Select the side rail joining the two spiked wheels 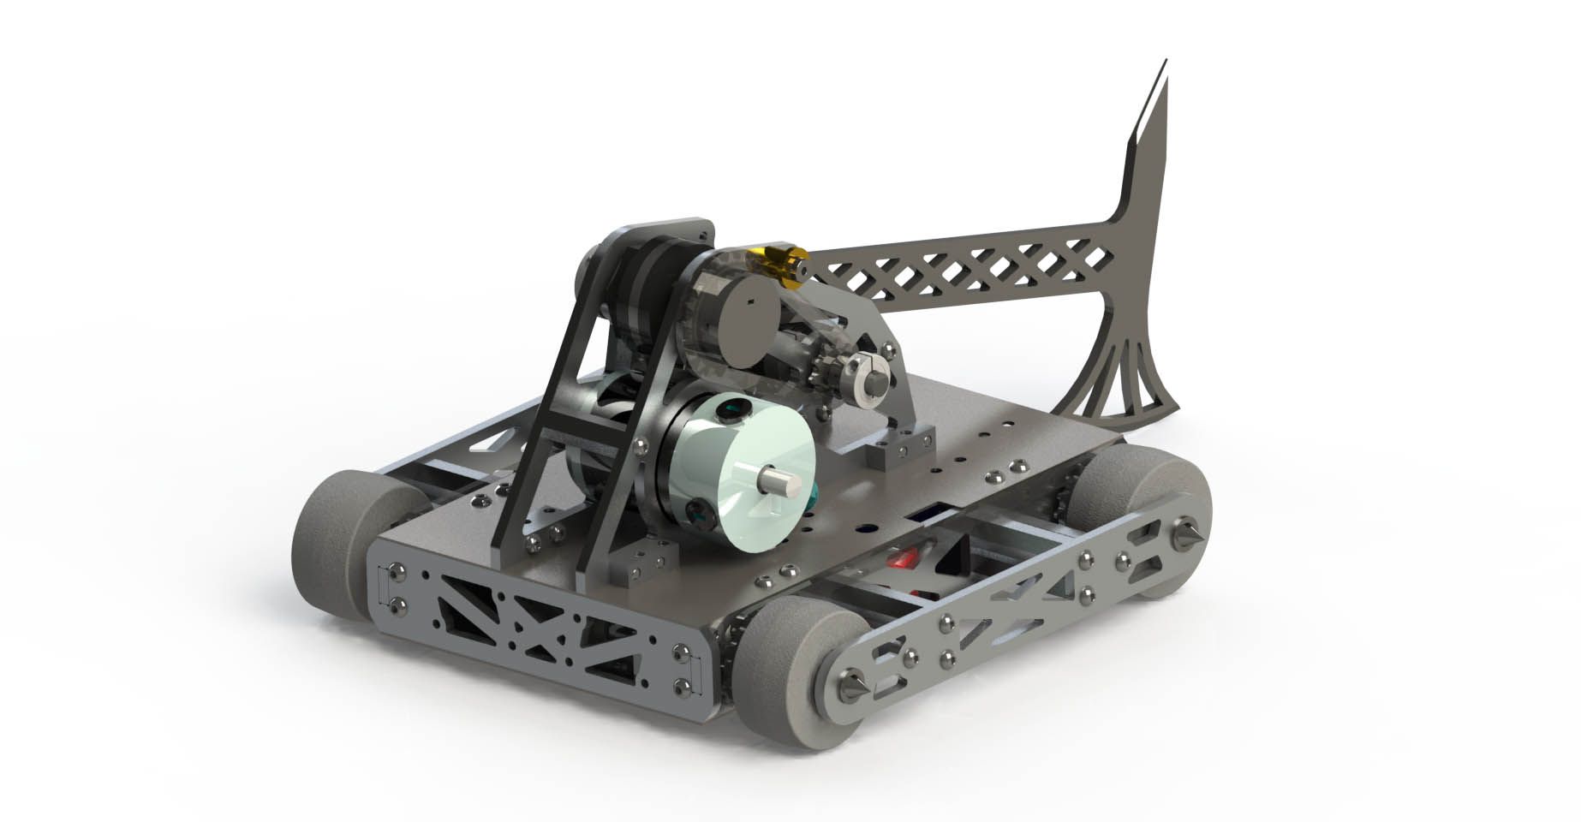coord(1011,616)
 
